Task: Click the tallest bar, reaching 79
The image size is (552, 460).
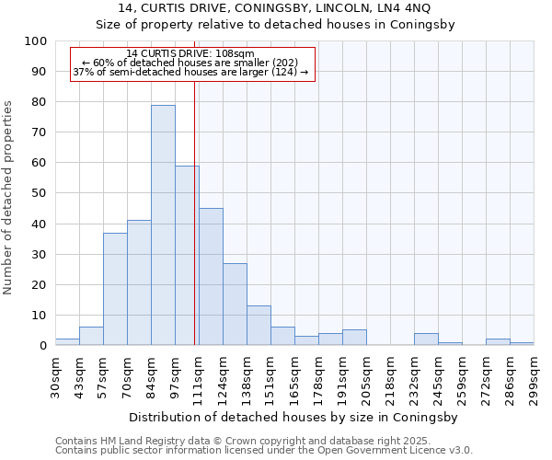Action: tap(163, 225)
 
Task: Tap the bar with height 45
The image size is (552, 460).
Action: tap(211, 277)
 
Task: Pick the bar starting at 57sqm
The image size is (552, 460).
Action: tap(115, 289)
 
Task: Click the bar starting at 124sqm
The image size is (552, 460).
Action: tap(235, 305)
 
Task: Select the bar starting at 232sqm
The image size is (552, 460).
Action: tap(426, 339)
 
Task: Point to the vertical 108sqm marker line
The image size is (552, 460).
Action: tap(195, 212)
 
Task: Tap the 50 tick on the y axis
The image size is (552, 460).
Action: tap(39, 193)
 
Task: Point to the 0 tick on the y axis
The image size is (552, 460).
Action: tap(42, 346)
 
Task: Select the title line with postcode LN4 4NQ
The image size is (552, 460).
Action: tap(276, 8)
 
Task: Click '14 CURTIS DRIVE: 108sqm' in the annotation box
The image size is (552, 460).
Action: tap(190, 54)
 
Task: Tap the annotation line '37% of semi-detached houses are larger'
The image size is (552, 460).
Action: tap(190, 72)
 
